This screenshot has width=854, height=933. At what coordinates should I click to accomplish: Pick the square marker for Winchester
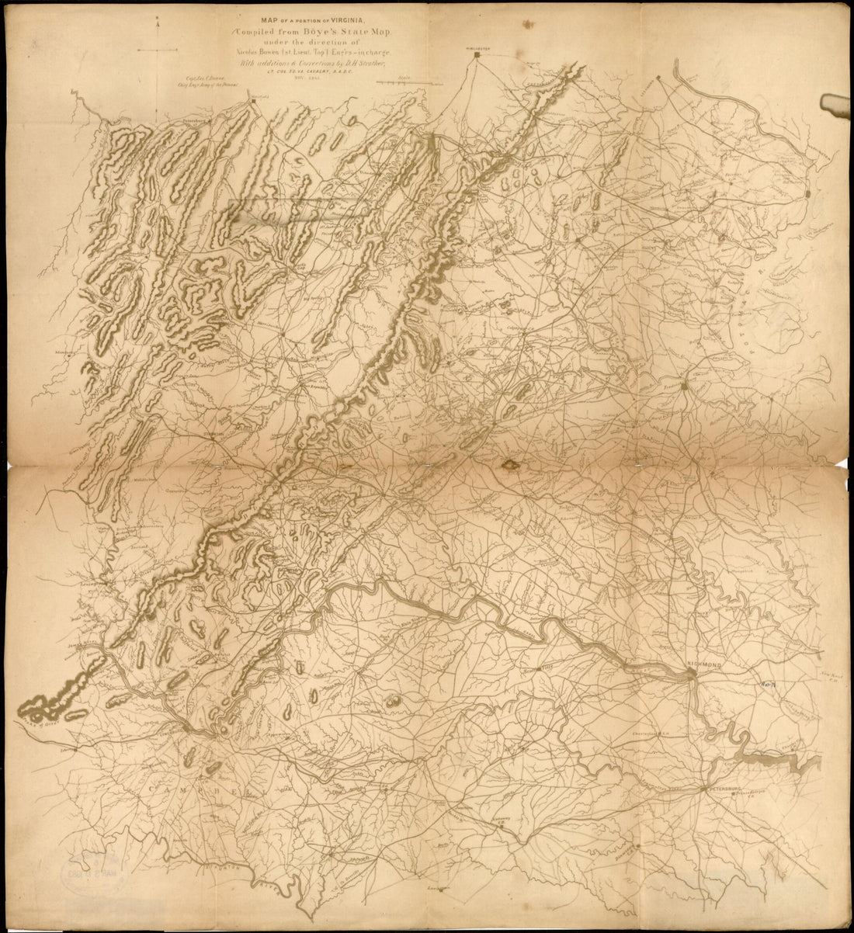point(477,75)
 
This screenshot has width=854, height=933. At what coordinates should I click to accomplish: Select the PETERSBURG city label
point(724,789)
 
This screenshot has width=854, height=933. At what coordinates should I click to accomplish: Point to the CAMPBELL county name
point(198,790)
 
